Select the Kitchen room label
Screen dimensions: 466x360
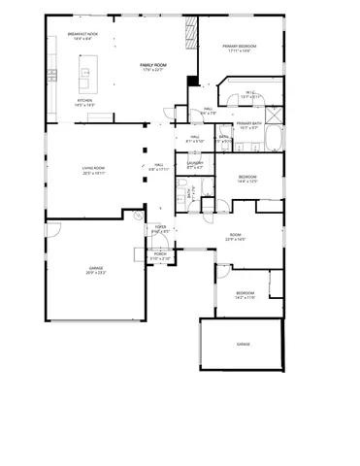coord(85,103)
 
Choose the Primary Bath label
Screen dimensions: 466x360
coord(248,125)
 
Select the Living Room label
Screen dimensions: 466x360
coord(93,171)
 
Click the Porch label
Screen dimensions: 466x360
coord(159,257)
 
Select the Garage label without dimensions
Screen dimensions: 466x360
coord(243,344)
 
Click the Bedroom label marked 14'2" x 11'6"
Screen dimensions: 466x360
coord(245,294)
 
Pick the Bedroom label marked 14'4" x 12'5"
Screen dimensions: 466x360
coord(247,178)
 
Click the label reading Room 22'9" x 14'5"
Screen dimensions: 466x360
coord(234,236)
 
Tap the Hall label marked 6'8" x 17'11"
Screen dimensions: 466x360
coord(158,167)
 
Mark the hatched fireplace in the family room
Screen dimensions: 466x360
coord(187,37)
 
